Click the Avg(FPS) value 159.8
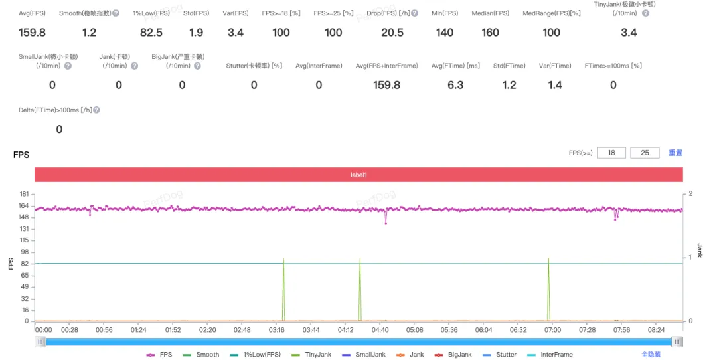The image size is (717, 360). pyautogui.click(x=32, y=33)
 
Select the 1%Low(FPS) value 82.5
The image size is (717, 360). pyautogui.click(x=151, y=33)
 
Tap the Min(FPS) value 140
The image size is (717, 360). pyautogui.click(x=444, y=33)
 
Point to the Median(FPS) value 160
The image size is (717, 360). pyautogui.click(x=490, y=33)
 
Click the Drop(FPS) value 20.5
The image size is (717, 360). pyautogui.click(x=392, y=33)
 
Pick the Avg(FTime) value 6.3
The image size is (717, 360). pyautogui.click(x=455, y=85)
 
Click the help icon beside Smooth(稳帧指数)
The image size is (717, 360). pyautogui.click(x=116, y=13)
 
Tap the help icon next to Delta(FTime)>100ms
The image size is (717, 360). pyautogui.click(x=96, y=110)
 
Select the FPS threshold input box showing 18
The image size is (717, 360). pyautogui.click(x=611, y=153)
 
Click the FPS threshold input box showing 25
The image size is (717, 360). pyautogui.click(x=645, y=153)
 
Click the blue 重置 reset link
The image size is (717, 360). pyautogui.click(x=675, y=153)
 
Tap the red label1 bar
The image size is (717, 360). pyautogui.click(x=358, y=175)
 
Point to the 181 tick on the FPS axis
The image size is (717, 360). pyautogui.click(x=24, y=194)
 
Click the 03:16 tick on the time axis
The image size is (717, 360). pyautogui.click(x=277, y=330)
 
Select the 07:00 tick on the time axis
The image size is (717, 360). pyautogui.click(x=552, y=330)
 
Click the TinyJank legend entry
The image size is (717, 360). pyautogui.click(x=311, y=355)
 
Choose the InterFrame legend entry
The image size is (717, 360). pyautogui.click(x=550, y=355)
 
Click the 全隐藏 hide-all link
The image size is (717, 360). pyautogui.click(x=651, y=355)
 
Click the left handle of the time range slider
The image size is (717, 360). pyautogui.click(x=40, y=341)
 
